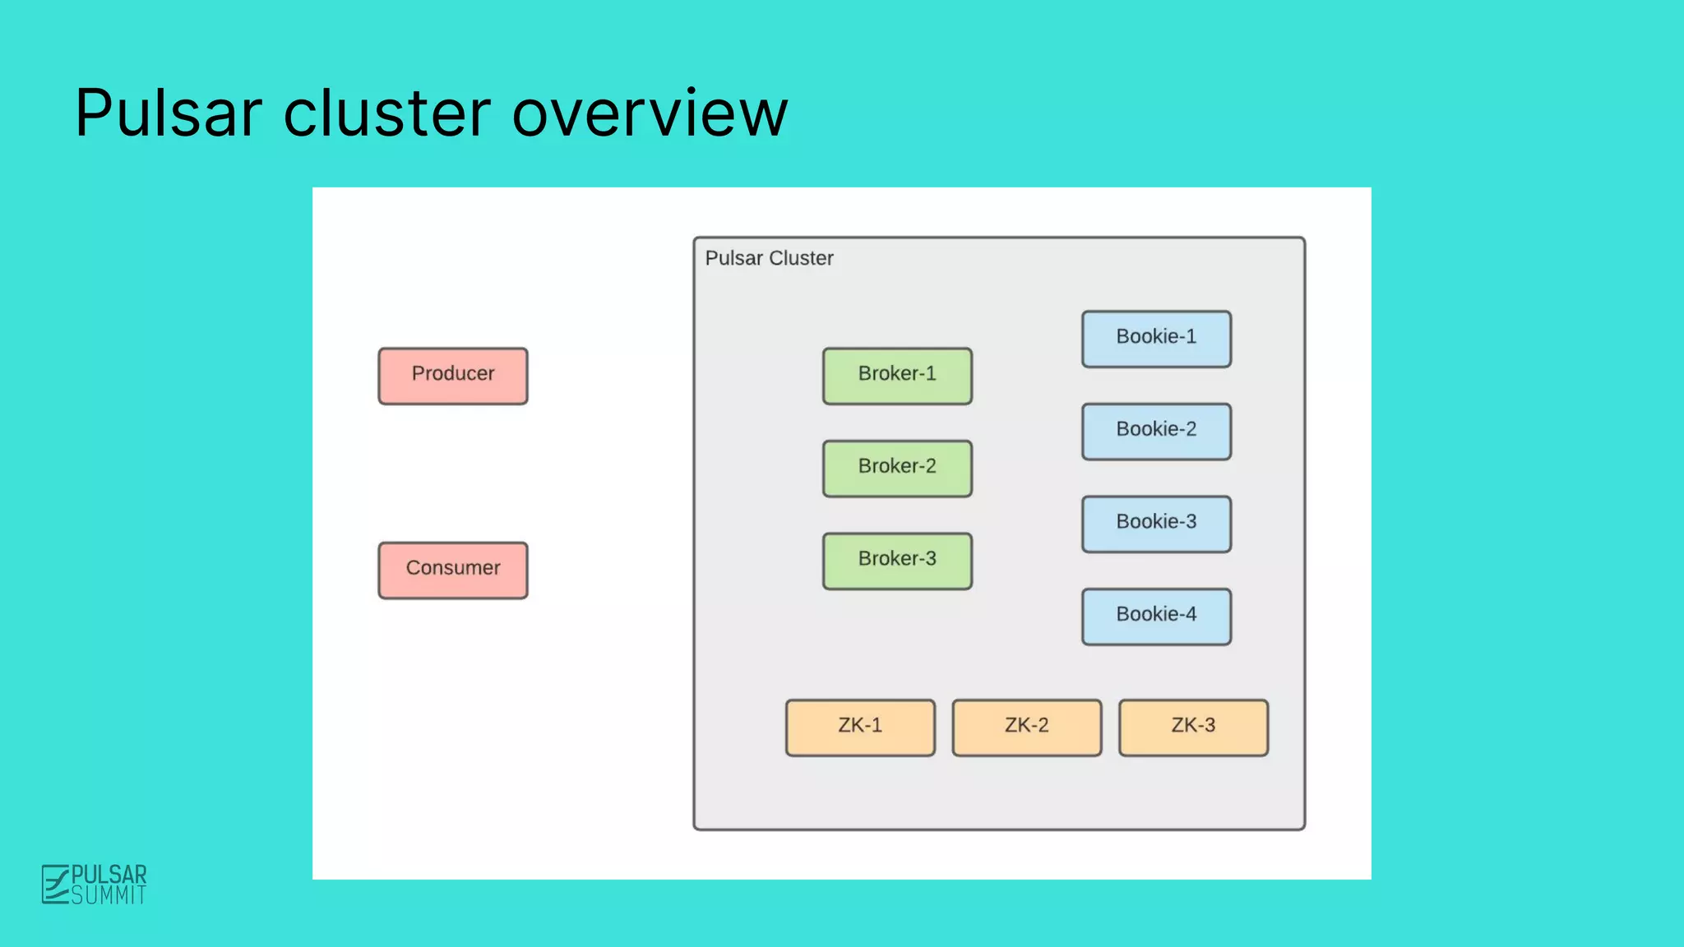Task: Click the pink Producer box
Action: tap(453, 376)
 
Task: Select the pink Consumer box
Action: tap(453, 570)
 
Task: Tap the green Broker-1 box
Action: tap(897, 376)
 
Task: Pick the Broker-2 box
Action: tap(897, 468)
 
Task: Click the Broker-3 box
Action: tap(897, 561)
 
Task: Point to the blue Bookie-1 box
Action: tap(1156, 339)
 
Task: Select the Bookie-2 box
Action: tap(1156, 431)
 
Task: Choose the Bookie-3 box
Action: tap(1156, 524)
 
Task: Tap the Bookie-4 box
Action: tap(1156, 616)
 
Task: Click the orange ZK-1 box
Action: tap(860, 728)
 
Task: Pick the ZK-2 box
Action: tap(1027, 728)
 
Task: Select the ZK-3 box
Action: tap(1193, 728)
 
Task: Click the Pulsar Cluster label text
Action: tap(769, 258)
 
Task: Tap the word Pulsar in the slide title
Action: tap(169, 113)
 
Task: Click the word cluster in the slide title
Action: tap(386, 113)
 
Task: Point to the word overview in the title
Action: tap(650, 113)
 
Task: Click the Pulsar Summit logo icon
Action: tap(55, 884)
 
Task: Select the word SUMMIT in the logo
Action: tap(109, 895)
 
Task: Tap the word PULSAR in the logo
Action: tap(109, 874)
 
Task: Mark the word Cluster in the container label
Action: tap(801, 258)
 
